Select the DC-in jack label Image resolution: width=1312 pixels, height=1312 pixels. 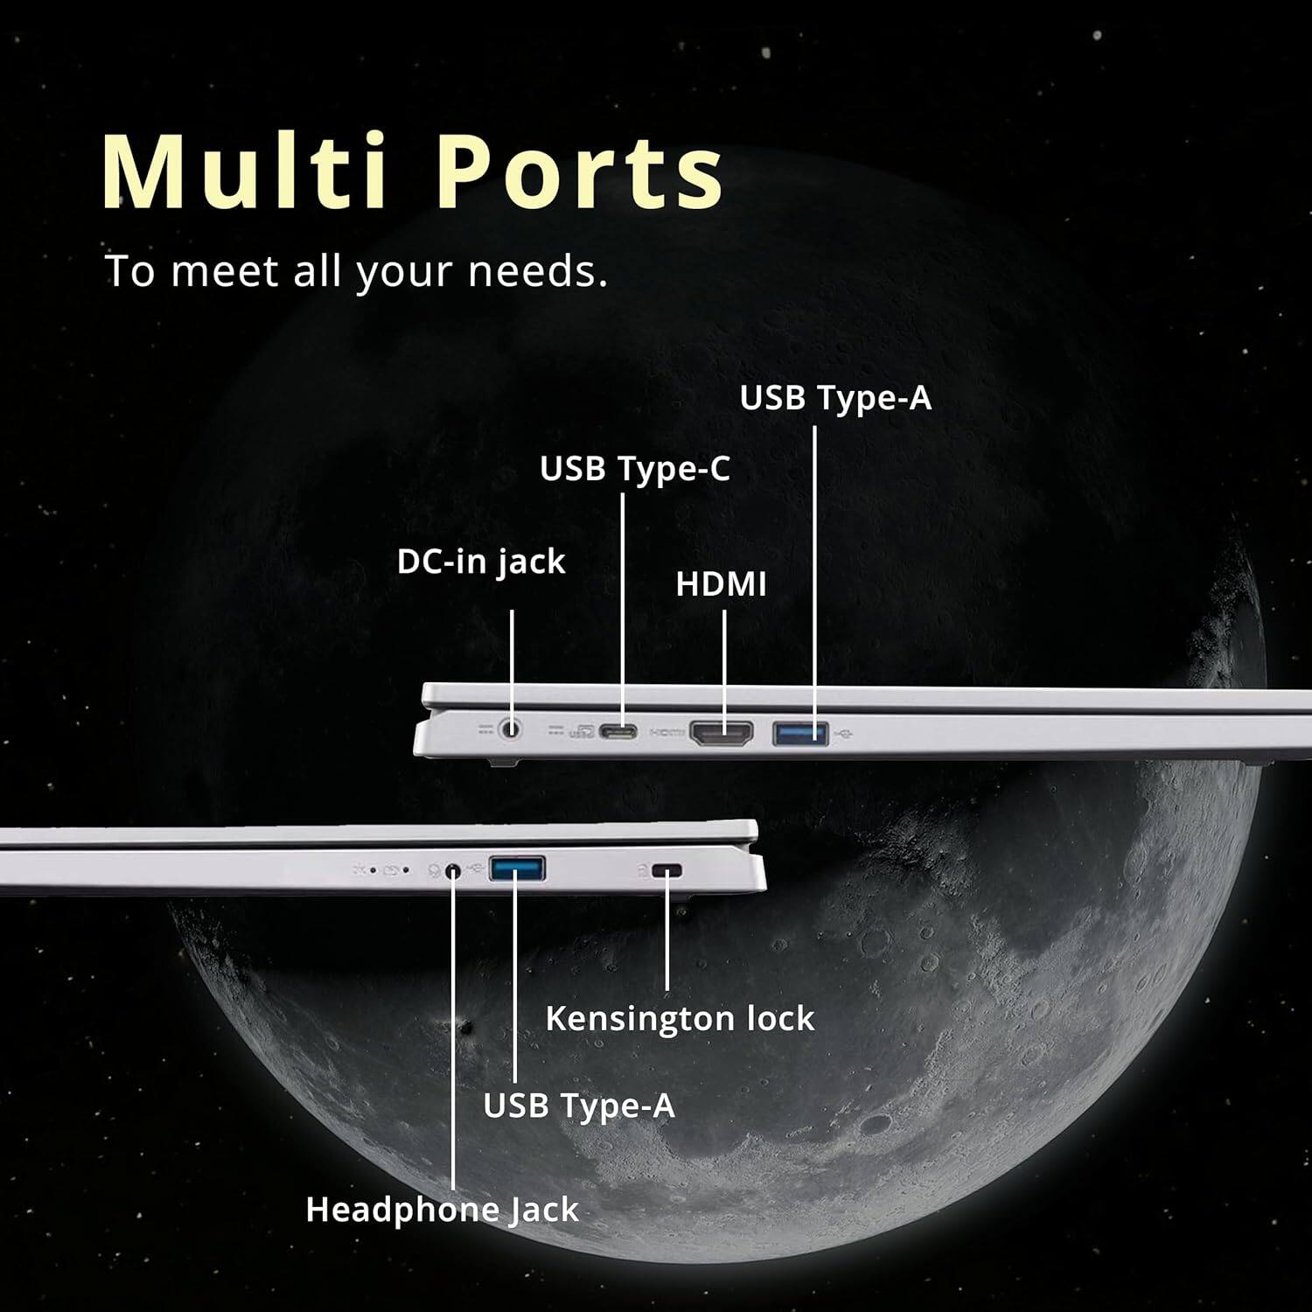click(x=481, y=562)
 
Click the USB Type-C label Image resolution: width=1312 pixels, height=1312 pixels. click(x=634, y=470)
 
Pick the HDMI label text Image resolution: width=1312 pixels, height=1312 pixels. click(x=721, y=584)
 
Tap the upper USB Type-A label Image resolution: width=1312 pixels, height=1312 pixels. click(x=835, y=399)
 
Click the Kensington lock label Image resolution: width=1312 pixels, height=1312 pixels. click(x=680, y=1019)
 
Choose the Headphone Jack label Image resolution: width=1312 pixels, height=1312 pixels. click(x=442, y=1211)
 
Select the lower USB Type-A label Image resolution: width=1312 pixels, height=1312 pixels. click(x=579, y=1106)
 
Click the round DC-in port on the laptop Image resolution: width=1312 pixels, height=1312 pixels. click(x=511, y=728)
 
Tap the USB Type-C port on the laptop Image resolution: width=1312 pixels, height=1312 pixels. click(x=618, y=731)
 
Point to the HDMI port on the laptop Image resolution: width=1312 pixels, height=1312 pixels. click(x=722, y=732)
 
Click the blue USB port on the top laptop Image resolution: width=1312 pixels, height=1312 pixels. click(x=799, y=732)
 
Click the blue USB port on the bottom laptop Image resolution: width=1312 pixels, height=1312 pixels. click(x=518, y=869)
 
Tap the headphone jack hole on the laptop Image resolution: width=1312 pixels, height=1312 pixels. click(x=452, y=871)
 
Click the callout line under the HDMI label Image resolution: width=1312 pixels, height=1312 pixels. click(x=724, y=656)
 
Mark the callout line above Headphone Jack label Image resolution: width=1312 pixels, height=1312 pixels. click(x=453, y=1050)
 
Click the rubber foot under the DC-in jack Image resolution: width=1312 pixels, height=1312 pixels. click(x=502, y=762)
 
